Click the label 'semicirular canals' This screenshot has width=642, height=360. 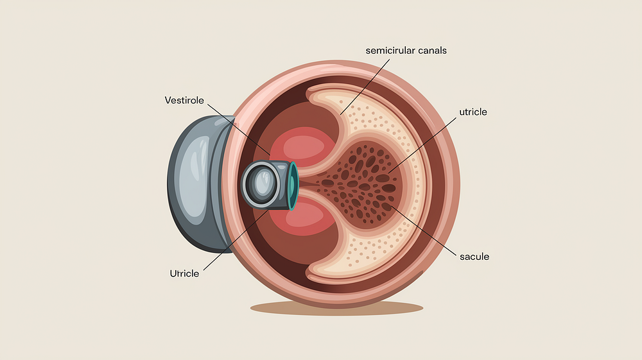coord(406,50)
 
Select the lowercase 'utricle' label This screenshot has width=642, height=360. coord(473,112)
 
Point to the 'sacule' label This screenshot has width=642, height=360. coord(474,257)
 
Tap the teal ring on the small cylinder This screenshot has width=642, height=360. coord(293,186)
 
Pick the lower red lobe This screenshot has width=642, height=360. coord(308,217)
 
